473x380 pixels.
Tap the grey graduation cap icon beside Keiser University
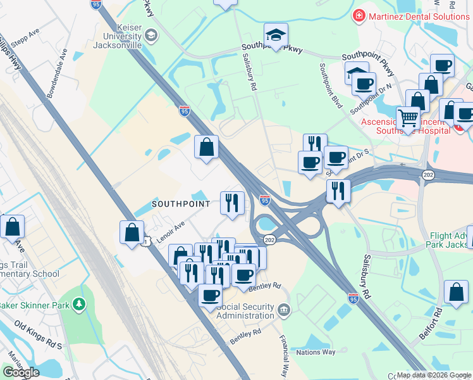pyautogui.click(x=150, y=35)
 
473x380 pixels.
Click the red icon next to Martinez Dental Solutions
pyautogui.click(x=359, y=14)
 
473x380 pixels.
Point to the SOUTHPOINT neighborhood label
pyautogui.click(x=181, y=204)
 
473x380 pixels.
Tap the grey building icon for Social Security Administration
pyautogui.click(x=283, y=310)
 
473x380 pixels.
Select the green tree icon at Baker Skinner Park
pyautogui.click(x=78, y=305)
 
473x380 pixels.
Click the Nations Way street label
pyautogui.click(x=316, y=352)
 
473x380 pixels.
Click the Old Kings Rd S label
pyautogui.click(x=38, y=336)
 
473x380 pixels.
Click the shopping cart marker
pyautogui.click(x=408, y=118)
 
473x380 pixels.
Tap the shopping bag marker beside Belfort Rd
pyautogui.click(x=455, y=293)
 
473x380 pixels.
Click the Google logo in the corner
pyautogui.click(x=21, y=372)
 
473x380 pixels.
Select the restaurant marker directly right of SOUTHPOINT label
pyautogui.click(x=232, y=203)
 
